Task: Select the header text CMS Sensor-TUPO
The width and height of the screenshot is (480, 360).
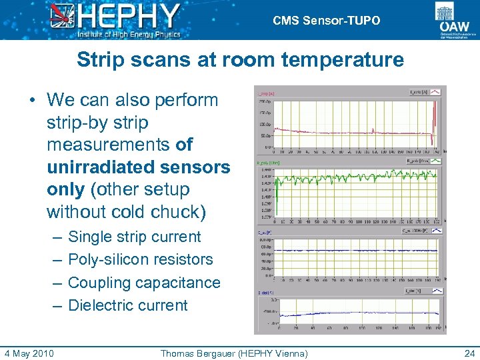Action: point(327,21)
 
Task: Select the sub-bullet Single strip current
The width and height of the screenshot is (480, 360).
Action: point(134,237)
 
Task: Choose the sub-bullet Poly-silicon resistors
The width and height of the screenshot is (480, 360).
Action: point(140,259)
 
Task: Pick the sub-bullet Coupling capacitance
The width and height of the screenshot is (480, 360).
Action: point(144,282)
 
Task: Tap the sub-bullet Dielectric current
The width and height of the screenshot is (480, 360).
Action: point(128,305)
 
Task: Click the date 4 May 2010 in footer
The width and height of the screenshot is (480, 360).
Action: point(29,353)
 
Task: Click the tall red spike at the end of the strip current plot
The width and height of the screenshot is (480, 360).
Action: point(434,120)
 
